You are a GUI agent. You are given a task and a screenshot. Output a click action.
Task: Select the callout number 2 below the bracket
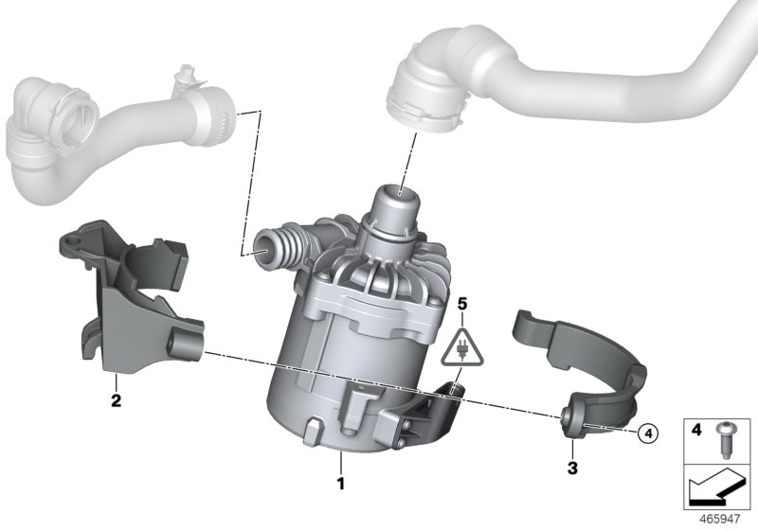coord(116,400)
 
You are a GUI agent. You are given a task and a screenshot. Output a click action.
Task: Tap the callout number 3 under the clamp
coord(572,467)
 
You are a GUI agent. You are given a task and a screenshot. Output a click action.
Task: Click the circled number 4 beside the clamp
coord(648,433)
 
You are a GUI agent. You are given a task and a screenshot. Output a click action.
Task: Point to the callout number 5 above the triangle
coord(462,304)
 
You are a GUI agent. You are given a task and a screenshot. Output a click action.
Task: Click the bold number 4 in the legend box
coord(695,430)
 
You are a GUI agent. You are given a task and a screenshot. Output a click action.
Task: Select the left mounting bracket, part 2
coord(133,293)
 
